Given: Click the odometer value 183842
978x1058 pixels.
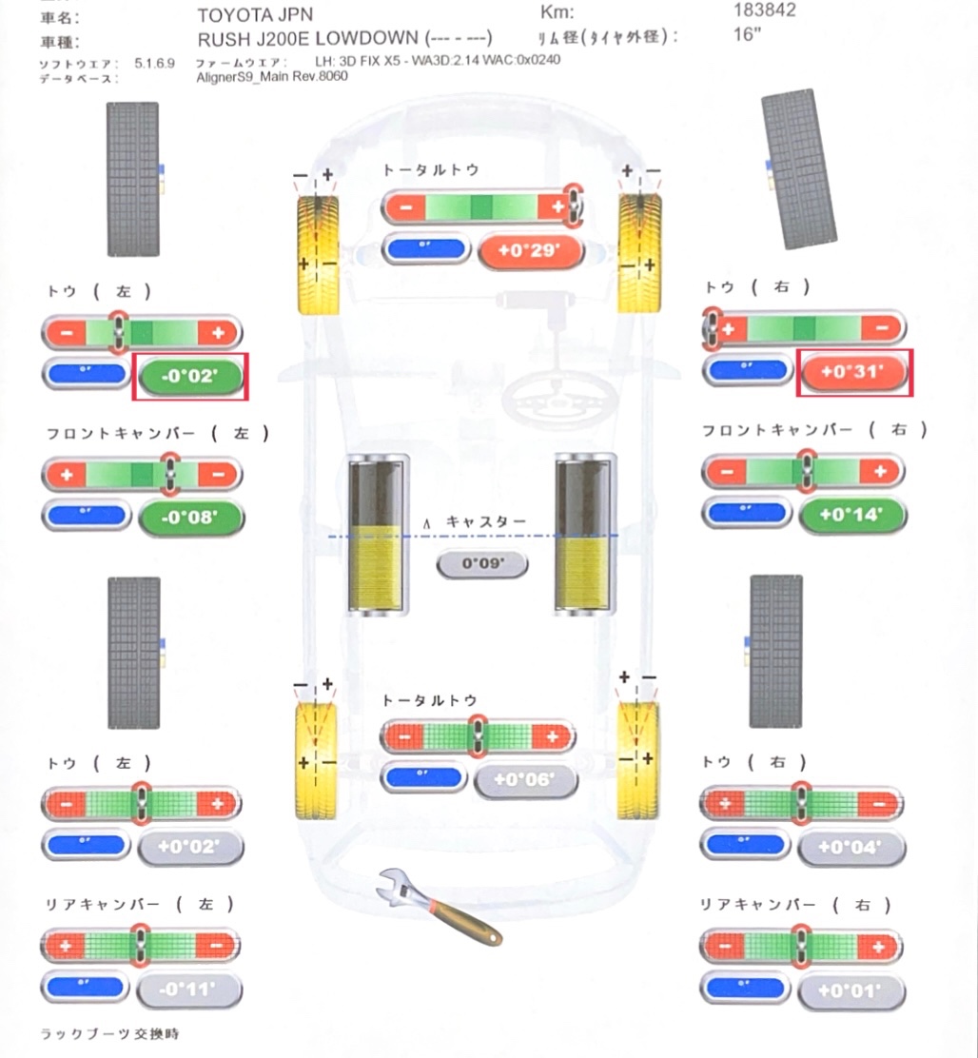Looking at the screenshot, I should tap(765, 10).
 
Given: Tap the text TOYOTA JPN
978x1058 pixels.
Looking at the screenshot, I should tap(255, 15).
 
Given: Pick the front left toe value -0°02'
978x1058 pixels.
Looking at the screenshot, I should tap(191, 376).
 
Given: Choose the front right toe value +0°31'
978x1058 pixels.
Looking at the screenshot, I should tap(853, 372).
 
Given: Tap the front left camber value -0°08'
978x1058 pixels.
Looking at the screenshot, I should tap(191, 519).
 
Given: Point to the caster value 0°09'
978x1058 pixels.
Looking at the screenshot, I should tap(482, 564).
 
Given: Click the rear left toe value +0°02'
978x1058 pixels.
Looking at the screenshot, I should tap(190, 847).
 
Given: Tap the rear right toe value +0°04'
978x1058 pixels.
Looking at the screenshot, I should tap(851, 847).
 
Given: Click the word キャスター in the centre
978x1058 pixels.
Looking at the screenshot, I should tap(486, 522).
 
